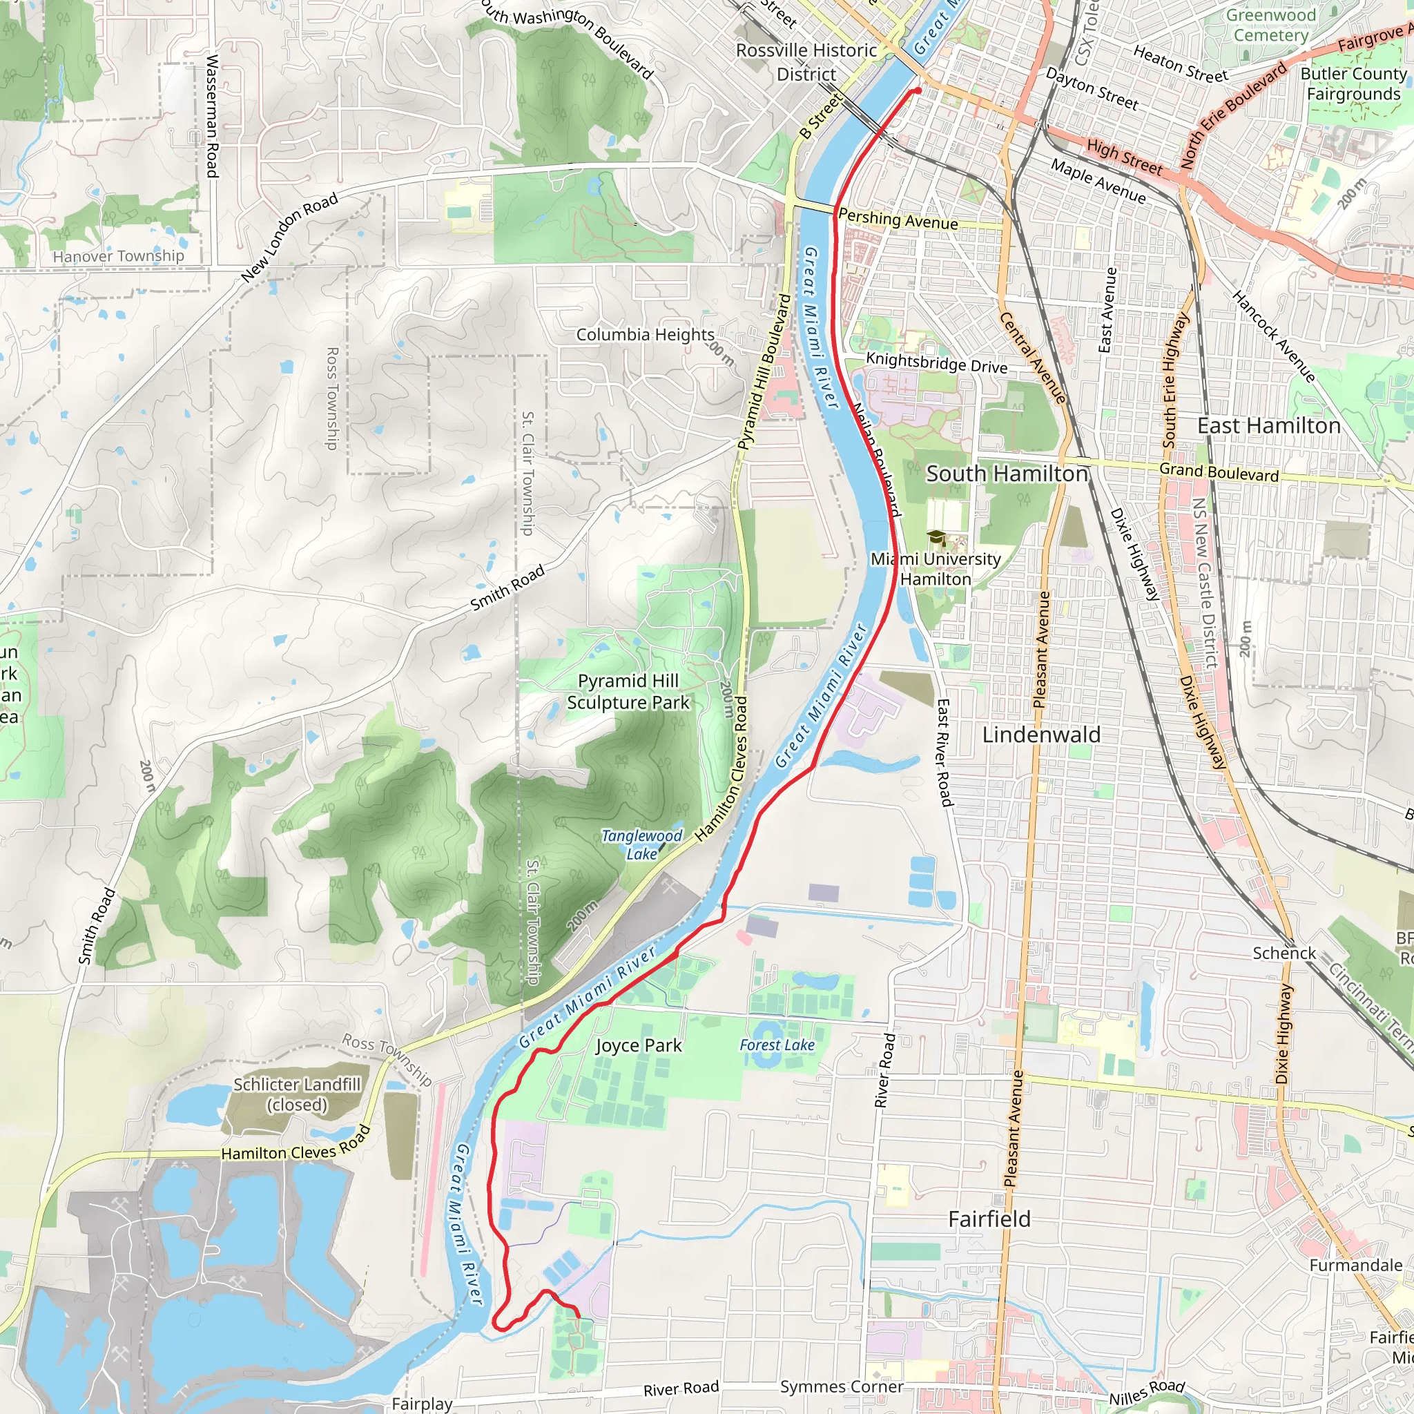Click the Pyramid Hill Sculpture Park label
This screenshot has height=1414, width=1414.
pos(628,692)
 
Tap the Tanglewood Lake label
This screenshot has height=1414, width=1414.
pos(641,844)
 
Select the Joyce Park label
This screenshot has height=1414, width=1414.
pos(638,1046)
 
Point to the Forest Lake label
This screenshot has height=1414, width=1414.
pos(777,1045)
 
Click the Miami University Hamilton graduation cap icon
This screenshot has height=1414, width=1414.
pos(936,538)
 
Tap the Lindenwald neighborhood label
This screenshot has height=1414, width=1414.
pos(1040,735)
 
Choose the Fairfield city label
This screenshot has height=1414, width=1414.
pos(989,1219)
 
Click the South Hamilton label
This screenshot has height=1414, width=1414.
pos(1007,474)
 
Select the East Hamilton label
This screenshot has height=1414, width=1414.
pos(1268,426)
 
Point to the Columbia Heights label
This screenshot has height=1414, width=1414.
pos(645,334)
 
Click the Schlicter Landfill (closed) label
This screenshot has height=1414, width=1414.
pos(296,1094)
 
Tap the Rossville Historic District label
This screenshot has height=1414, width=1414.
pos(806,62)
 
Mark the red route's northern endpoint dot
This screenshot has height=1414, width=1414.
pos(917,90)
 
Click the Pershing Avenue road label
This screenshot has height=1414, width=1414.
pos(898,219)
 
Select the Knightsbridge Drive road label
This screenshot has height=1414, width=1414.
pos(936,362)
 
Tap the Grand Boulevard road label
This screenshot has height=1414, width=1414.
pos(1219,472)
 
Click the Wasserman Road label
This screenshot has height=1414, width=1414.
pos(212,115)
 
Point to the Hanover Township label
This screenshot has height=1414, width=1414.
pos(119,256)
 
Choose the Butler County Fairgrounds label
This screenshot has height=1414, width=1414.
pos(1353,84)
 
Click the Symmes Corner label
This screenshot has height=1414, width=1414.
pos(842,1386)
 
